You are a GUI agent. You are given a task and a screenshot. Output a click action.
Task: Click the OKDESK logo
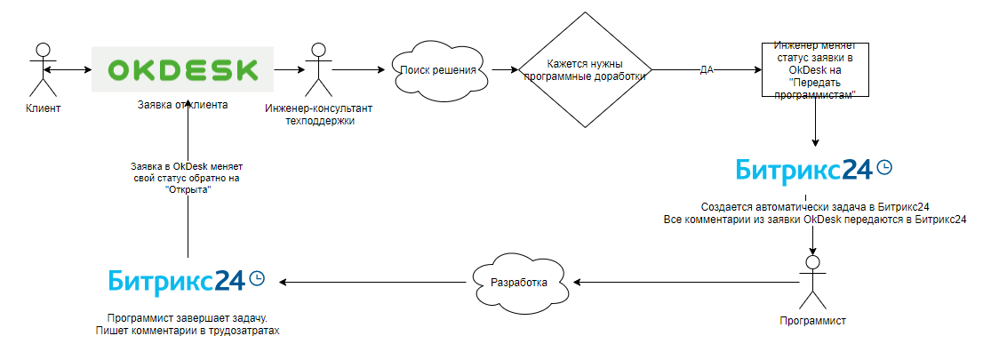(x=182, y=69)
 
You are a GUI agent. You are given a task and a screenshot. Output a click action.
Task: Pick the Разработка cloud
(x=519, y=282)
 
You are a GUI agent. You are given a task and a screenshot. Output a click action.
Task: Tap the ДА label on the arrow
(x=707, y=69)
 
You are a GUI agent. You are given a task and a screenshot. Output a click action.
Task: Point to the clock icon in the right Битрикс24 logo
(x=884, y=167)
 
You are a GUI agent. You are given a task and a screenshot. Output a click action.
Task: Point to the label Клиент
(x=44, y=108)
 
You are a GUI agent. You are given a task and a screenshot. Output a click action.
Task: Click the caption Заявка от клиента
(x=182, y=105)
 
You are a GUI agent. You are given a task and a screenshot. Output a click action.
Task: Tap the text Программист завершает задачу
(x=188, y=317)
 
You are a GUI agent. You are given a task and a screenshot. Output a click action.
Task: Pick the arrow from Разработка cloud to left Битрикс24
(x=373, y=282)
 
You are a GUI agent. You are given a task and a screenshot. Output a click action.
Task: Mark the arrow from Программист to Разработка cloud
(x=684, y=282)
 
